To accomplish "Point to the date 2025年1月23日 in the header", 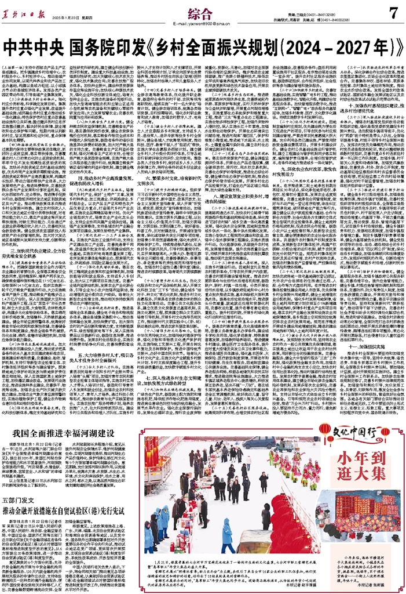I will coord(60,22).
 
